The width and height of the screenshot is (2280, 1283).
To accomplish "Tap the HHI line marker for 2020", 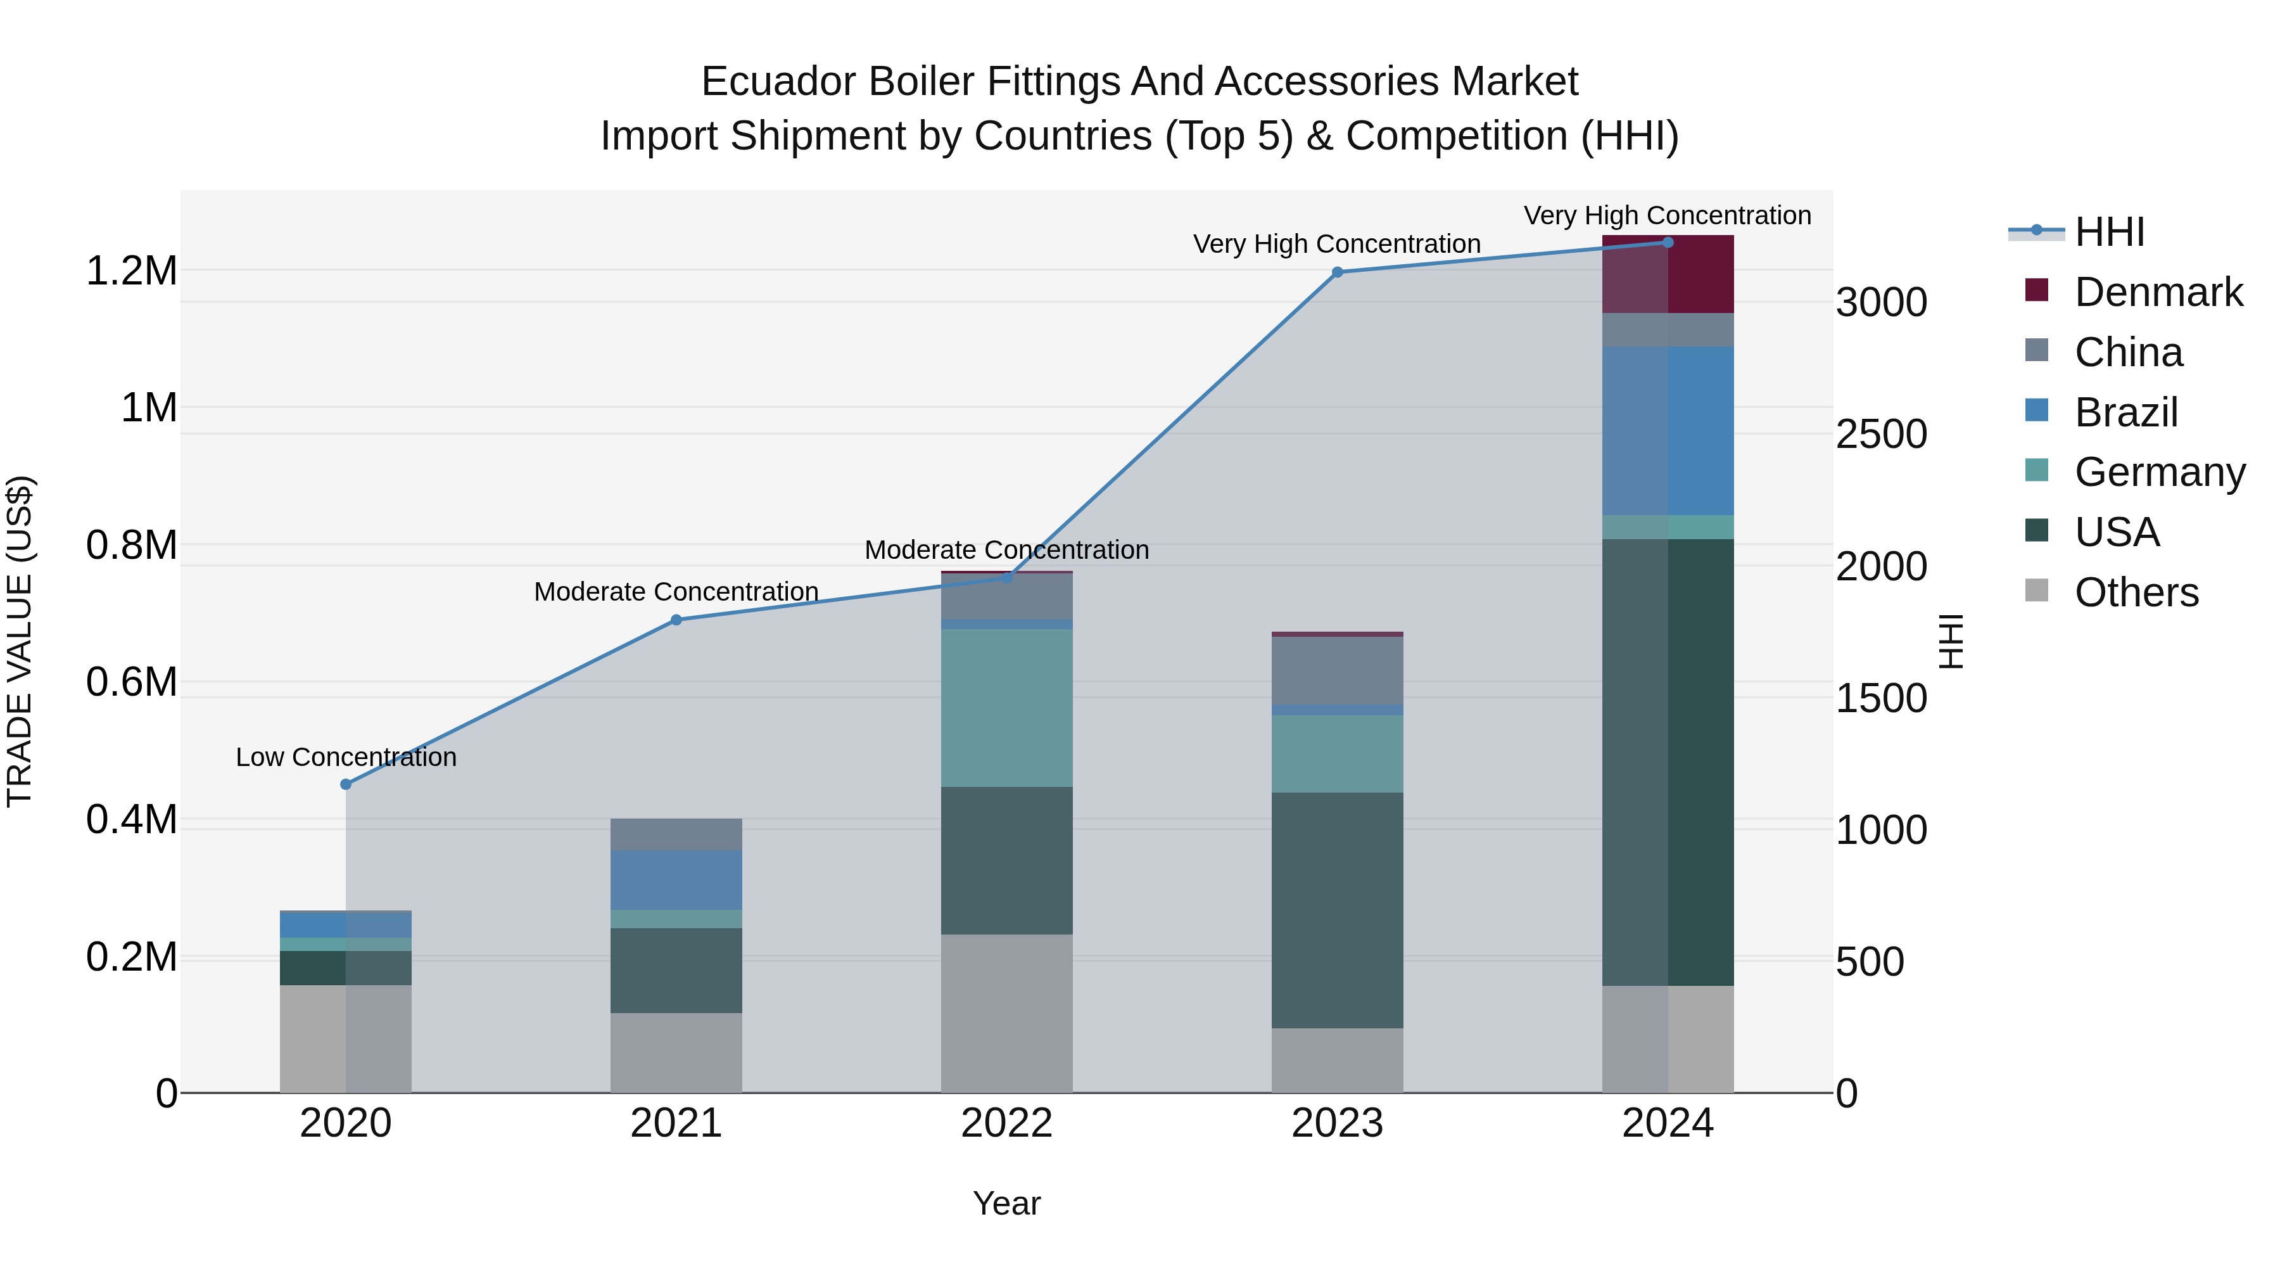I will [346, 784].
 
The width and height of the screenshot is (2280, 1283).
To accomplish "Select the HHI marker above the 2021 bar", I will [676, 620].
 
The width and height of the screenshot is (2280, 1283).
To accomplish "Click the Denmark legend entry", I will [2158, 292].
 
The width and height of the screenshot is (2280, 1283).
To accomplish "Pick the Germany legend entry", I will [2159, 472].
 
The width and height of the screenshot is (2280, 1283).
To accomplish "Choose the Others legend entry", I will [2136, 592].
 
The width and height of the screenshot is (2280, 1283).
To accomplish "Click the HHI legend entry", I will [2109, 232].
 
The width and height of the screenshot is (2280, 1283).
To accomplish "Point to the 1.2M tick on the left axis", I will [131, 271].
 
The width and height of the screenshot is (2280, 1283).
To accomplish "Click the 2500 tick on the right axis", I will [1881, 435].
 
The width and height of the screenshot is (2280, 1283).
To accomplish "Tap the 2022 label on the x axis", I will [1006, 1123].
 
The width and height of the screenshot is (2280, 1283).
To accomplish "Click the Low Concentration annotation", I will [346, 757].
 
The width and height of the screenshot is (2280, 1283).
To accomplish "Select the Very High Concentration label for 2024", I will [1667, 215].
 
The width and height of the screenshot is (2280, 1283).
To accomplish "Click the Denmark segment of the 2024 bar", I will [1668, 274].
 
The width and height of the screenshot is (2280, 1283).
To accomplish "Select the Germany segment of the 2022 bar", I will [1006, 708].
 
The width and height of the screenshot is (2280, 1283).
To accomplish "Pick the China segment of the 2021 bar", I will [676, 834].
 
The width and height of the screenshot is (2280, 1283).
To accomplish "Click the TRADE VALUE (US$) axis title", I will [20, 641].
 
